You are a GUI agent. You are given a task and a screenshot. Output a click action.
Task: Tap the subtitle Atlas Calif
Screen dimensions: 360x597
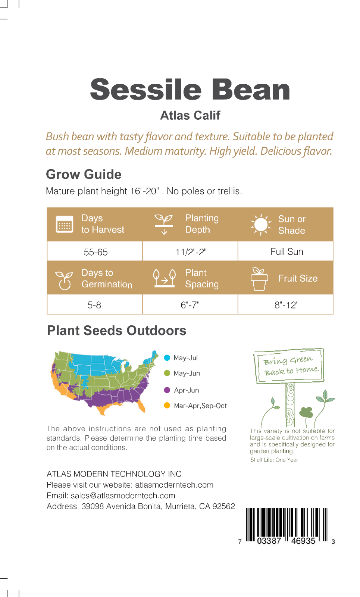pyautogui.click(x=190, y=115)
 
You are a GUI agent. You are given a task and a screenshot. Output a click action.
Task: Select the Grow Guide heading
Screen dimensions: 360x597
pyautogui.click(x=84, y=174)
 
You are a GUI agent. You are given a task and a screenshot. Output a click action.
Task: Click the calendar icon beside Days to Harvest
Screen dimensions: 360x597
pyautogui.click(x=65, y=224)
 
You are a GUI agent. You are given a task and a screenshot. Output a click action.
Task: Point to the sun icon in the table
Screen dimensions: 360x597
pyautogui.click(x=261, y=224)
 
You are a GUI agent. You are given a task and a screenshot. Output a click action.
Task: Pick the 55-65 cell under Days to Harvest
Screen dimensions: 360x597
pyautogui.click(x=96, y=252)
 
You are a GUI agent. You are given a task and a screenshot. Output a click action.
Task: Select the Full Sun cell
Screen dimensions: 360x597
pyautogui.click(x=287, y=251)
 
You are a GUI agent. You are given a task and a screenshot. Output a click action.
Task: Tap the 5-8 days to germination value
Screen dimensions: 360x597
pyautogui.click(x=94, y=305)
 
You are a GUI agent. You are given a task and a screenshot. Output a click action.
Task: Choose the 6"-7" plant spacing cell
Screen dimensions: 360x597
pyautogui.click(x=190, y=305)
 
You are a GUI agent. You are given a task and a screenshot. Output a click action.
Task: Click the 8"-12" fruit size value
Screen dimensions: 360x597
pyautogui.click(x=287, y=305)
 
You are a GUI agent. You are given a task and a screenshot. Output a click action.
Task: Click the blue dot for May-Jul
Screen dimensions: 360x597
pyautogui.click(x=167, y=358)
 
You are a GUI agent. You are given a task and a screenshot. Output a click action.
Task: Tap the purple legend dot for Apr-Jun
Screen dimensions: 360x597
pyautogui.click(x=167, y=390)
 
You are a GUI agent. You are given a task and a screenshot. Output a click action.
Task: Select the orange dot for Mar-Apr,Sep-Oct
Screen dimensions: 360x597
pyautogui.click(x=167, y=406)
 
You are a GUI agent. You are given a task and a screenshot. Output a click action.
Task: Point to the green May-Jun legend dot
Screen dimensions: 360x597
pyautogui.click(x=167, y=373)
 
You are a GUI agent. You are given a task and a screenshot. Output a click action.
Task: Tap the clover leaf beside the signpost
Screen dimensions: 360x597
pyautogui.click(x=306, y=413)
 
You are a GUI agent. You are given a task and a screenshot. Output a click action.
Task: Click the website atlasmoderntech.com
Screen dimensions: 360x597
pyautogui.click(x=174, y=485)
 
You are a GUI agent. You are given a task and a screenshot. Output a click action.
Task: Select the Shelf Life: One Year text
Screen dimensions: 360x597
pyautogui.click(x=274, y=460)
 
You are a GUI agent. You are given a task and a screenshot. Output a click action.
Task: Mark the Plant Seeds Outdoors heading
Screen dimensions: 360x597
pyautogui.click(x=116, y=331)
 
